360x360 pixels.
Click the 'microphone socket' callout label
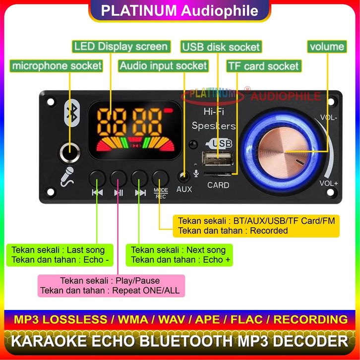57,65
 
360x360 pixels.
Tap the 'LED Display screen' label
120,47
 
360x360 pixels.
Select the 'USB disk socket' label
221,47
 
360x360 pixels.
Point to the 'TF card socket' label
263,66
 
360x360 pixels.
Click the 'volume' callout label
326,47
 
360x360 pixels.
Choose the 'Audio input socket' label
163,65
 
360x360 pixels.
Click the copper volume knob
284,151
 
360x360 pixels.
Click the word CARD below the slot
218,185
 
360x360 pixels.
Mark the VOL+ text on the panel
328,183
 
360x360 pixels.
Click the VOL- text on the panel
329,118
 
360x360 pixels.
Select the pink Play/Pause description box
111,285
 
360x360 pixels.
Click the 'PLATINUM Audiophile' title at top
180,10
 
